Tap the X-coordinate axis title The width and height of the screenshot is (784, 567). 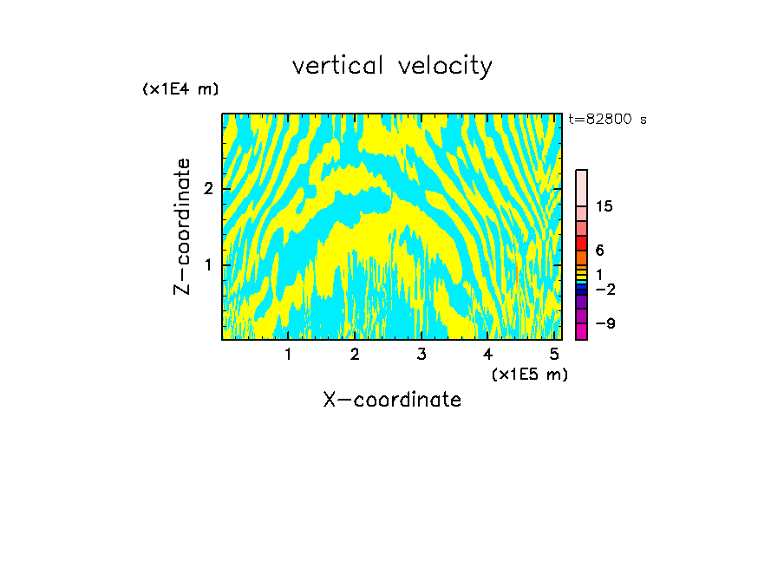coord(392,400)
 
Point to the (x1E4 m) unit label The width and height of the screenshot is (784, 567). coord(180,89)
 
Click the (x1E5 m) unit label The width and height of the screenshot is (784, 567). coord(529,374)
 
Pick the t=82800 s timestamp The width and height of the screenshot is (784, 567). coord(607,120)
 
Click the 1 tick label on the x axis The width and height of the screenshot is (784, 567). coord(288,354)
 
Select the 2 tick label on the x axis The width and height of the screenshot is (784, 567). coord(355,354)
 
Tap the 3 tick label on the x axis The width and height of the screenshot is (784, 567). coord(421,354)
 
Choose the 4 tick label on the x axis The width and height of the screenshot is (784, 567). coord(488,354)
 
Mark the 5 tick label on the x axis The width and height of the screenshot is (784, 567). coord(554,354)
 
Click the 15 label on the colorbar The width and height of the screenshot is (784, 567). coord(604,206)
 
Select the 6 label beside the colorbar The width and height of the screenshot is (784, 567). coord(599,251)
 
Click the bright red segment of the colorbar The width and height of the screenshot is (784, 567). coord(582,243)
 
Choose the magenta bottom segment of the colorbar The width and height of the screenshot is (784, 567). coord(582,331)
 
